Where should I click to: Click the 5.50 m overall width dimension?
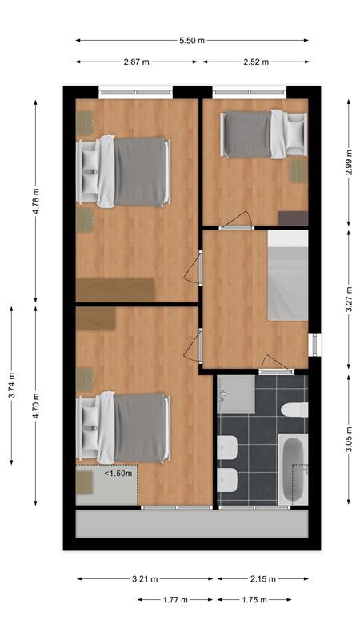191,40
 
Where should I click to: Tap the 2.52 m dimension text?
254,62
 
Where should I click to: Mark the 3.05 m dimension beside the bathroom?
349,439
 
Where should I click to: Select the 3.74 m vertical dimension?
11,384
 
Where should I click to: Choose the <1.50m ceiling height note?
118,474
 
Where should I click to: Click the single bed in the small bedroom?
262,134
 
